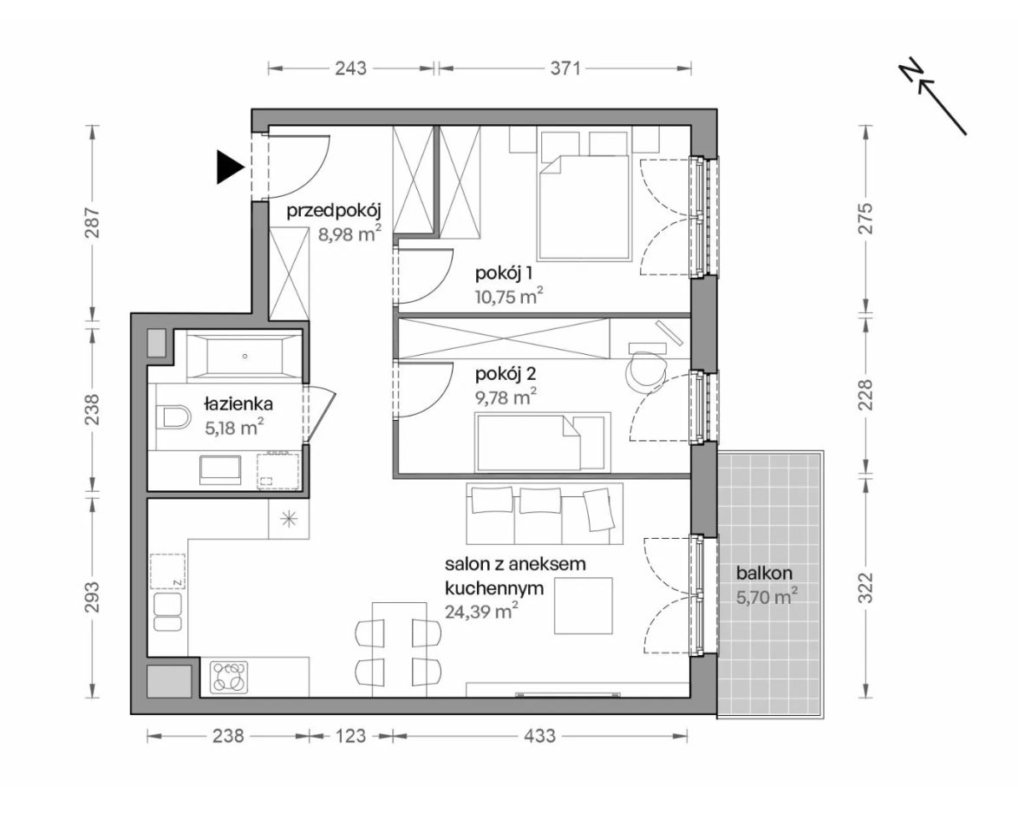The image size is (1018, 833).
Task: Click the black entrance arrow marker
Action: [230, 167]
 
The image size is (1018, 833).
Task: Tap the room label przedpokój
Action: [334, 211]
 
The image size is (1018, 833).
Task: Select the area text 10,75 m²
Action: [509, 297]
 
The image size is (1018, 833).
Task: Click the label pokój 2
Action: [506, 374]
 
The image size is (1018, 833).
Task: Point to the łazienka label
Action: [238, 404]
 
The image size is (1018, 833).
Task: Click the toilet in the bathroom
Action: [173, 417]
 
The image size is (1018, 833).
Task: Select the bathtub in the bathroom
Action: [245, 356]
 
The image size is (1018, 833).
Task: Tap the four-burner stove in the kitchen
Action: [229, 677]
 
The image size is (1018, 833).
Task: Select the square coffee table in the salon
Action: [583, 606]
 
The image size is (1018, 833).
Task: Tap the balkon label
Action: [764, 574]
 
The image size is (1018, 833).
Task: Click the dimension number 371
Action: [565, 68]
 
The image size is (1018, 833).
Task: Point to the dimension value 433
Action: [539, 736]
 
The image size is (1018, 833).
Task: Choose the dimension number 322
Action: [866, 587]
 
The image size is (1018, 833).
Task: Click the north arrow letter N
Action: [910, 71]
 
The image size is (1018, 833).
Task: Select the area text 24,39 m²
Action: [481, 611]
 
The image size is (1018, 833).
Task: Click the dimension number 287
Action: [94, 222]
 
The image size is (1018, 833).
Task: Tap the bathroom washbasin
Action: [220, 469]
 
